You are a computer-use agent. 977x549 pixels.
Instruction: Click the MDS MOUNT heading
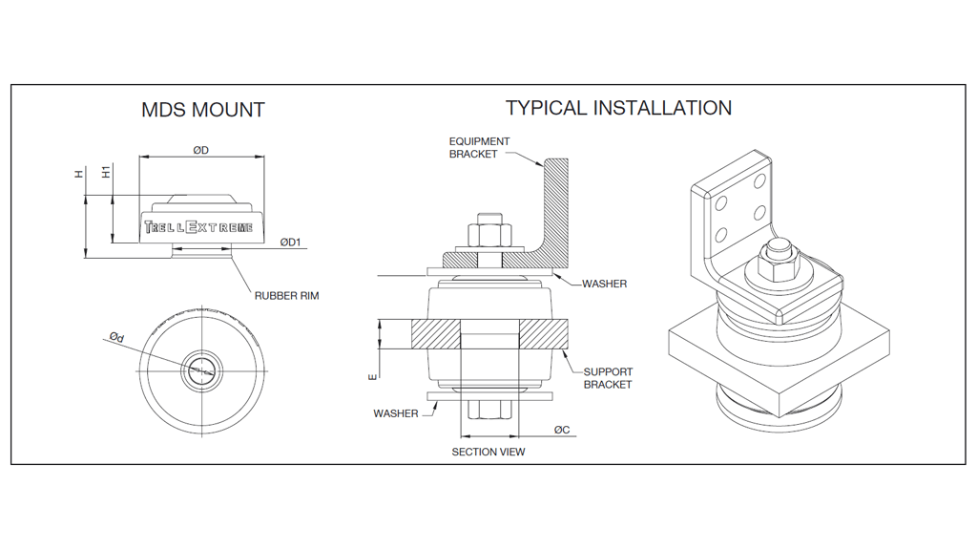tap(202, 110)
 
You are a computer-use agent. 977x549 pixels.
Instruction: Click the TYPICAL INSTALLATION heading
tap(618, 108)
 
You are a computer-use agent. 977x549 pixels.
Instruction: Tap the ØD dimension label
tap(200, 151)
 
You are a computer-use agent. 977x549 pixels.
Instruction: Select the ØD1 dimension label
tap(290, 243)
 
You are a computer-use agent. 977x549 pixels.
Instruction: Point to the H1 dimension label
tap(107, 172)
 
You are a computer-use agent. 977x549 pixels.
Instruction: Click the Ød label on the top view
tap(116, 337)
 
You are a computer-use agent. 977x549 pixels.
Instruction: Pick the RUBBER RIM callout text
tap(286, 296)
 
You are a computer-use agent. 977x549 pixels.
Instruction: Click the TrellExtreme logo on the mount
tap(198, 227)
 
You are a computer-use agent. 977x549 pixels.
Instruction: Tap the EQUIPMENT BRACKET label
tap(479, 148)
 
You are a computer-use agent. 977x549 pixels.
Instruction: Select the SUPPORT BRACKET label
tap(608, 378)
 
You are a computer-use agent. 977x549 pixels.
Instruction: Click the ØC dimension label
tap(562, 430)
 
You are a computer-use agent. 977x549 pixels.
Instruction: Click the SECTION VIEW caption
tap(488, 452)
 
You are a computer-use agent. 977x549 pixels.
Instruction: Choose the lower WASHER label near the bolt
tap(395, 413)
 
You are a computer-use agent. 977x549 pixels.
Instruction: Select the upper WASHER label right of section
tap(604, 284)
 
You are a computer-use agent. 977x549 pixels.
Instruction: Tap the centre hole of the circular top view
tap(201, 370)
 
